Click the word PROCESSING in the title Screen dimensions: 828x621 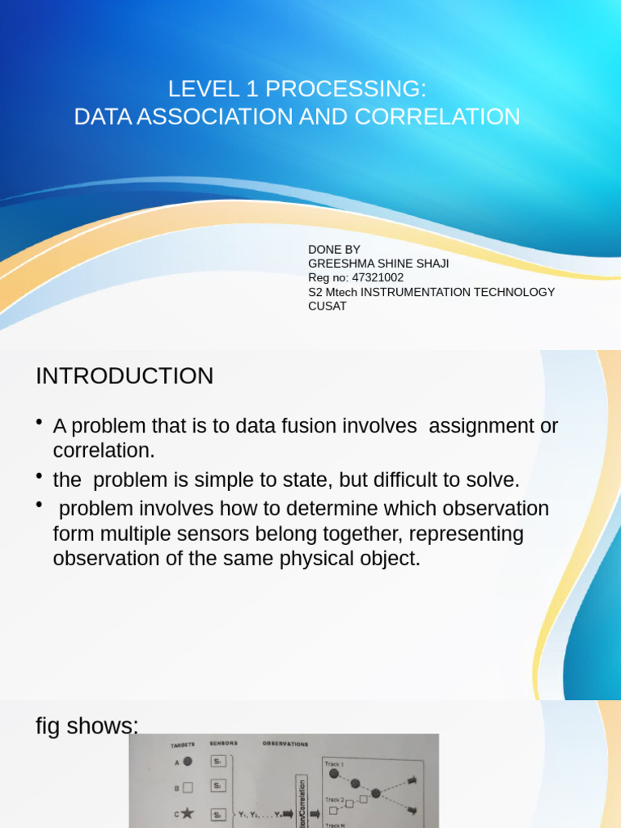pyautogui.click(x=349, y=89)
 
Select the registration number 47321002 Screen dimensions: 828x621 pyautogui.click(x=378, y=277)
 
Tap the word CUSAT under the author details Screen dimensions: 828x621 pyautogui.click(x=327, y=306)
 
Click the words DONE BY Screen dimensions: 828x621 pyautogui.click(x=334, y=249)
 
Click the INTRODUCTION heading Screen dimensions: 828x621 pyautogui.click(x=125, y=376)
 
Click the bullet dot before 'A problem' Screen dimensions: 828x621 pyautogui.click(x=40, y=424)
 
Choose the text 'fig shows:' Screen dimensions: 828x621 pyautogui.click(x=87, y=726)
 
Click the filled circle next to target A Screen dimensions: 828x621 pyautogui.click(x=188, y=761)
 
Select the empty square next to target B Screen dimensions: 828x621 pyautogui.click(x=188, y=786)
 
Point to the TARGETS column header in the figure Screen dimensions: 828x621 pyautogui.click(x=183, y=744)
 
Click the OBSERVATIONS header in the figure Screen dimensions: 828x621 pyautogui.click(x=285, y=744)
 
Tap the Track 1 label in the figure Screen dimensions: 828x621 pyautogui.click(x=334, y=764)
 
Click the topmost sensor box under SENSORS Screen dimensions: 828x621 pyautogui.click(x=218, y=761)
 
